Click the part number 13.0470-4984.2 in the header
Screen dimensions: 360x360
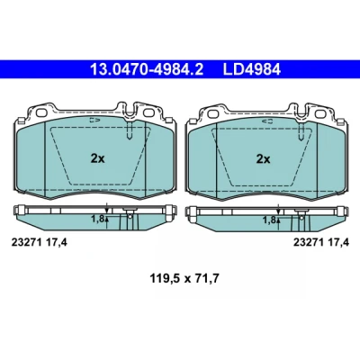click(x=147, y=69)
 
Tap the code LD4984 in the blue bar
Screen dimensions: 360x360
click(x=252, y=69)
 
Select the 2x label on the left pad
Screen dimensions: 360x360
click(x=98, y=158)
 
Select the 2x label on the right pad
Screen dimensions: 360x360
click(x=263, y=158)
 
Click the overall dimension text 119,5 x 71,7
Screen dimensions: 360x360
click(x=184, y=279)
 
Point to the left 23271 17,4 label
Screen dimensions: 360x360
click(x=40, y=242)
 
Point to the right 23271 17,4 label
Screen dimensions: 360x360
click(x=321, y=242)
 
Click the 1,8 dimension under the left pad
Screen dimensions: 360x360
click(x=97, y=220)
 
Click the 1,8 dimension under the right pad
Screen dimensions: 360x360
click(x=269, y=220)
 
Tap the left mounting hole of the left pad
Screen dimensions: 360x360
click(x=40, y=112)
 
